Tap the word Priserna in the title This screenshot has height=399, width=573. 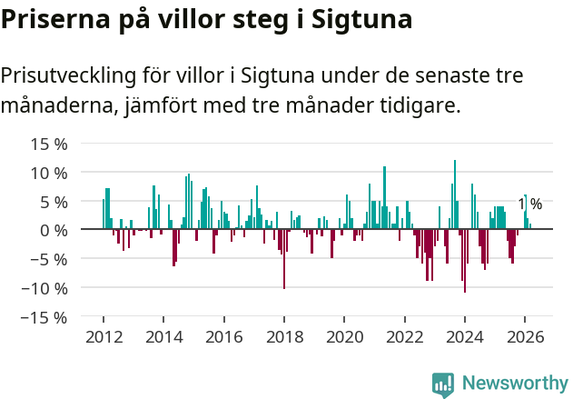click(x=54, y=19)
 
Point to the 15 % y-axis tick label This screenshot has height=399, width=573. click(x=49, y=144)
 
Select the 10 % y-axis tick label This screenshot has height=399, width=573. click(x=49, y=173)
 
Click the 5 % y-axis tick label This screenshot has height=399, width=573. click(x=54, y=201)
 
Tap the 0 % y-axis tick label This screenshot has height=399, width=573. click(x=54, y=230)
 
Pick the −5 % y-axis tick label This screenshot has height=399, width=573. click(x=49, y=259)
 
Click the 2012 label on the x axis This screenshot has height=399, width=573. click(x=104, y=336)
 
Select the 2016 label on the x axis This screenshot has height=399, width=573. click(x=223, y=336)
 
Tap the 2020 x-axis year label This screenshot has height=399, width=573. click(x=344, y=336)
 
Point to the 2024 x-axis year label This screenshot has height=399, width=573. click(x=465, y=336)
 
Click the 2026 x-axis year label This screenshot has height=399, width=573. click(x=525, y=336)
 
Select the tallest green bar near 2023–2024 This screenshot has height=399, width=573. click(x=455, y=195)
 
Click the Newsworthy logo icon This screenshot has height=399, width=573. click(x=443, y=384)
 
